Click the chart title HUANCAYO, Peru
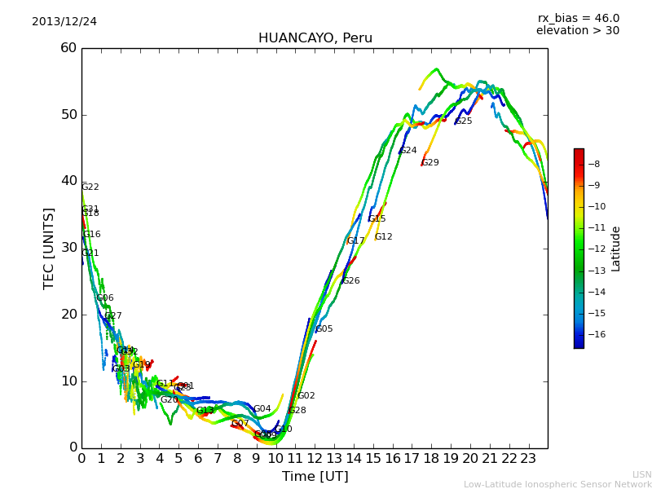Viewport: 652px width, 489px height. click(x=315, y=38)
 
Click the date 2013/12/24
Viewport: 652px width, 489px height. click(x=64, y=21)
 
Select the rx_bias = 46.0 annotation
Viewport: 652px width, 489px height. click(x=578, y=18)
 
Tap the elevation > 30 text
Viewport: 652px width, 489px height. click(x=578, y=31)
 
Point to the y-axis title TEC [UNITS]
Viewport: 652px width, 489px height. click(x=49, y=248)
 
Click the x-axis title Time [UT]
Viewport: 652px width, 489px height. click(x=315, y=476)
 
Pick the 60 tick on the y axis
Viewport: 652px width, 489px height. click(x=68, y=48)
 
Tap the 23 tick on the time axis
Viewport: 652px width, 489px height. click(x=528, y=458)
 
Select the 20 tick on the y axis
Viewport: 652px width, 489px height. click(x=68, y=315)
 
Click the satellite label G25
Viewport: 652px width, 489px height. click(x=464, y=121)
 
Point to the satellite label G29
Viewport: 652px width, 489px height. click(x=430, y=163)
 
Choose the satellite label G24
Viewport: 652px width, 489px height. click(x=408, y=151)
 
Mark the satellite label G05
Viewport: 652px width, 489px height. click(x=324, y=329)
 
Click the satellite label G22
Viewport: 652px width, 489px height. click(x=90, y=187)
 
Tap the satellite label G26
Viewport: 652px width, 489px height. click(x=351, y=281)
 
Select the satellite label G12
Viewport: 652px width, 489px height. click(x=384, y=237)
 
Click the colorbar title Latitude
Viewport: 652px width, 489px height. click(x=616, y=249)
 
